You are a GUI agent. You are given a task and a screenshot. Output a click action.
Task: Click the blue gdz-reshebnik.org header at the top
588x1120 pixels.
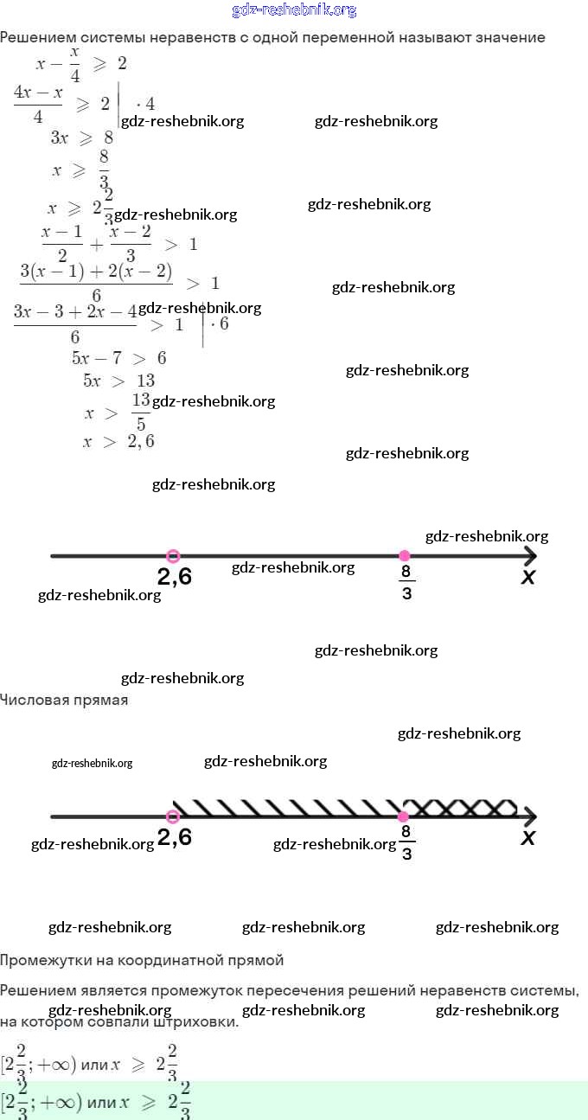[x=294, y=10]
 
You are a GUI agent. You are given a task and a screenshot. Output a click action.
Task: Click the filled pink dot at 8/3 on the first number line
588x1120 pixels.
[x=404, y=555]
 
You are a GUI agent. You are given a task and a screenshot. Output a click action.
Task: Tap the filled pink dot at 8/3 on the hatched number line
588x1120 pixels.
[x=403, y=816]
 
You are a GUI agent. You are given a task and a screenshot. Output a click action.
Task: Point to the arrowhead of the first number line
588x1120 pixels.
[x=529, y=555]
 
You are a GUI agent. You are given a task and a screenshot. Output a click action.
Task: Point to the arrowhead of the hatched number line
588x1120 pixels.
[x=529, y=816]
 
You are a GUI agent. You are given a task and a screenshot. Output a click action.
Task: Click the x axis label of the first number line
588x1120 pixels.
[x=528, y=577]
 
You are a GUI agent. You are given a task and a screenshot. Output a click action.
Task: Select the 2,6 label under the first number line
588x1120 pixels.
[x=175, y=577]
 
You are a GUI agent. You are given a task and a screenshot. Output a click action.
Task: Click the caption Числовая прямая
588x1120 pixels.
[x=64, y=701]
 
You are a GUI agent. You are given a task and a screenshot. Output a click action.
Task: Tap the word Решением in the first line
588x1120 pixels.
[x=35, y=38]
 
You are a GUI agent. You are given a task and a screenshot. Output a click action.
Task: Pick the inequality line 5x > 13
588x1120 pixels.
[x=118, y=381]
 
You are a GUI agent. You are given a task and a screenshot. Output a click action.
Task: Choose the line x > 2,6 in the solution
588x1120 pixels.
[x=118, y=442]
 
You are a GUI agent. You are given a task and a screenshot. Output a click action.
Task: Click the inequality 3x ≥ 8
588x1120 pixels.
[x=82, y=138]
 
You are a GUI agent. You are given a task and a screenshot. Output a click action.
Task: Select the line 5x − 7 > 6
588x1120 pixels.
[x=118, y=358]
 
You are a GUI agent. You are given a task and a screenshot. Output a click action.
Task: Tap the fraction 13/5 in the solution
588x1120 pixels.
[x=141, y=412]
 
